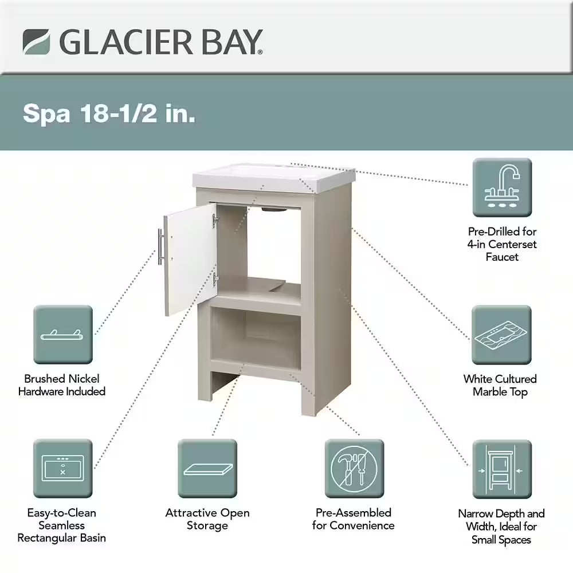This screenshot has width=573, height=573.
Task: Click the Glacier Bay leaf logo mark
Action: tap(36, 42)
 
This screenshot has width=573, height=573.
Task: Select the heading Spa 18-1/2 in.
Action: tap(109, 113)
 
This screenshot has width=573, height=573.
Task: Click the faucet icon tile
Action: tap(502, 187)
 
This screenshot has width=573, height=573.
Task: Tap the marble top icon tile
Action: tap(501, 335)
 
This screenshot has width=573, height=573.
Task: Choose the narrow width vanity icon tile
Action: tap(502, 469)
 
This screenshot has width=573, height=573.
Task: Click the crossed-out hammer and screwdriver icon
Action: tap(354, 469)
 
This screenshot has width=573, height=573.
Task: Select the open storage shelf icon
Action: tap(207, 469)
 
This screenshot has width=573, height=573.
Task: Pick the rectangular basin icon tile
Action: tap(63, 469)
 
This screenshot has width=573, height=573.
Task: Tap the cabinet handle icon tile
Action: tap(63, 335)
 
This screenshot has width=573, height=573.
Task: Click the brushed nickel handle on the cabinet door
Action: tap(160, 246)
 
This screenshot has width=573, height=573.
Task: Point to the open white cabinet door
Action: tap(190, 260)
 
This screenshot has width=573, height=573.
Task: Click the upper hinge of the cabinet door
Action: tap(215, 221)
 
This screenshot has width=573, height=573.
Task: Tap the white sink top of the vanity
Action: tap(274, 176)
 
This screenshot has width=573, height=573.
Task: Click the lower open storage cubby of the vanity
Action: tap(256, 338)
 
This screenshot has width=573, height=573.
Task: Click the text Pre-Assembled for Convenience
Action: tap(354, 519)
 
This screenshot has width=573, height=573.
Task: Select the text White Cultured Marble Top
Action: tap(500, 385)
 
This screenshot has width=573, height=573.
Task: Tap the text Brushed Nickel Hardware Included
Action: tap(62, 385)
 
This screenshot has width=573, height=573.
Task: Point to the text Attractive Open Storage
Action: tap(207, 519)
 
